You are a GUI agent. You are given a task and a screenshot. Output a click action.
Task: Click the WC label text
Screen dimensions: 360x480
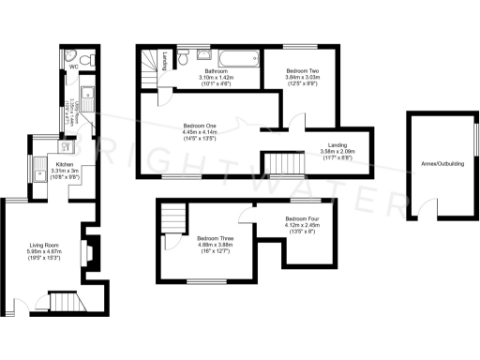click(x=72, y=67)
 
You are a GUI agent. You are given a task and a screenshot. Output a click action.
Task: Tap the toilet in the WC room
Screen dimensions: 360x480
click(x=84, y=60)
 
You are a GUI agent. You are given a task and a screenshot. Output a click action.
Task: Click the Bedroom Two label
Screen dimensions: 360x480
click(x=305, y=71)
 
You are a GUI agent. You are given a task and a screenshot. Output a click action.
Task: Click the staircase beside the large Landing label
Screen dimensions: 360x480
click(x=284, y=166)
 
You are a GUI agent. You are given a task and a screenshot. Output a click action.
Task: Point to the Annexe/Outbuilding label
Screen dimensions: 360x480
click(x=442, y=164)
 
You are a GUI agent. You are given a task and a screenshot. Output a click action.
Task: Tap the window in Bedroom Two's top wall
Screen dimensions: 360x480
click(x=302, y=46)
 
